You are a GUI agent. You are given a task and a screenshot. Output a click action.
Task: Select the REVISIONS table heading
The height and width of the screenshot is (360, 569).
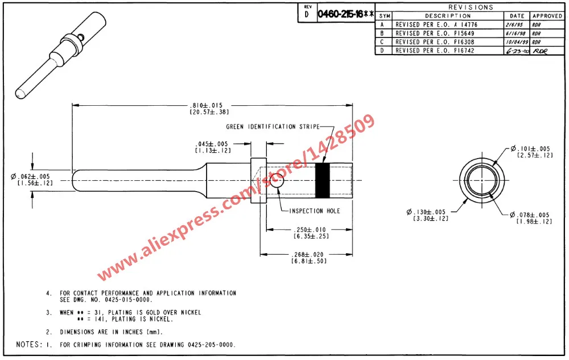click(x=471, y=7)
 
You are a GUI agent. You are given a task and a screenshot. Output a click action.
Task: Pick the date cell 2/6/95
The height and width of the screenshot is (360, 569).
click(x=517, y=25)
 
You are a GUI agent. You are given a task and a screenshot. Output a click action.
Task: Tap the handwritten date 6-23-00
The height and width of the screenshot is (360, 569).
click(x=517, y=51)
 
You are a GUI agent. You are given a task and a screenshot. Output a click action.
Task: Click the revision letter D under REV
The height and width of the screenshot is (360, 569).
click(x=307, y=15)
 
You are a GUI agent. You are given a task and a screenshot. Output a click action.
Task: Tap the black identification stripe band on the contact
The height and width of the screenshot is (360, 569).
click(x=323, y=180)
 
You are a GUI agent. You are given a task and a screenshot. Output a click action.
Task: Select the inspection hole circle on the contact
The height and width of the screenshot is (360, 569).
click(x=277, y=181)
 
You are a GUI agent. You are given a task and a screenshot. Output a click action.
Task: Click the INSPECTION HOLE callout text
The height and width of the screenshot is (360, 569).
click(x=314, y=211)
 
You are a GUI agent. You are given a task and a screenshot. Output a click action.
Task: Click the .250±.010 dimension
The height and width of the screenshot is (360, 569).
click(x=311, y=229)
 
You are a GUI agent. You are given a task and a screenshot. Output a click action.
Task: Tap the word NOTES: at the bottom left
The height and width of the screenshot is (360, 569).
click(x=29, y=345)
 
